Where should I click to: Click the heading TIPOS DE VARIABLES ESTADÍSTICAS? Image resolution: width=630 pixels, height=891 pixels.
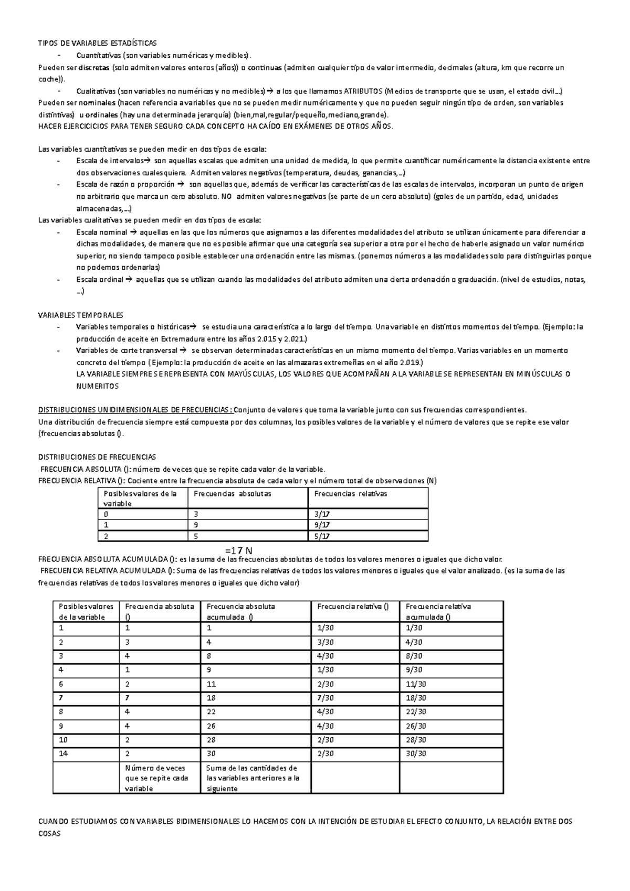98,43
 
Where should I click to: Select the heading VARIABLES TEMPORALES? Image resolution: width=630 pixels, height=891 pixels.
81,315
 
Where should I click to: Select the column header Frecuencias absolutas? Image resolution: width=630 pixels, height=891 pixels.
233,494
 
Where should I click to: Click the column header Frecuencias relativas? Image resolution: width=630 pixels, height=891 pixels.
351,494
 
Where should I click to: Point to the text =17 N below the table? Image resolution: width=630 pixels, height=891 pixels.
239,550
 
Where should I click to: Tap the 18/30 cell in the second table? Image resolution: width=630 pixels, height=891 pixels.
416,698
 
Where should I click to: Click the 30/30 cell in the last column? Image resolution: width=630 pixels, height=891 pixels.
416,754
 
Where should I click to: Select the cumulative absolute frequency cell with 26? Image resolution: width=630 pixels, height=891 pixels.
212,726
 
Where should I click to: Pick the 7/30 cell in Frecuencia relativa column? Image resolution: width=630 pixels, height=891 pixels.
325,698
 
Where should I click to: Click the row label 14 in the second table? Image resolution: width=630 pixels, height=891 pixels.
64,754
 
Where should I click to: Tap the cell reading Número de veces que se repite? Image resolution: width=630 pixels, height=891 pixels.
157,778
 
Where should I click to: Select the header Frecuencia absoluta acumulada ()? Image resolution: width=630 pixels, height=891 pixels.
241,612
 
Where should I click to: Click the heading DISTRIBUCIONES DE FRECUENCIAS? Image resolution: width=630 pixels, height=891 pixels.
98,457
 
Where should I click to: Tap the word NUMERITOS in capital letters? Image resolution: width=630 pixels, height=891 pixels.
98,386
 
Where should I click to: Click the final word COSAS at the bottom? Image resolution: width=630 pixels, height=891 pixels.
50,833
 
